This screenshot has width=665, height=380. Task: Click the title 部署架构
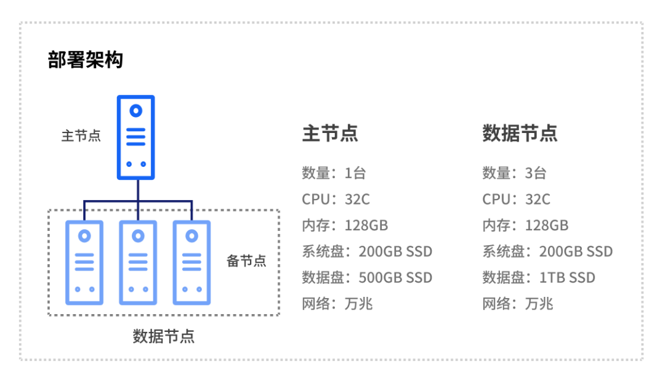[86, 60]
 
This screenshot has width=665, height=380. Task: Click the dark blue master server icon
[135, 137]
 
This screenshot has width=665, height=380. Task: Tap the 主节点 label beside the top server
[81, 135]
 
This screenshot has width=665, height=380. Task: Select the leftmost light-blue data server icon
[84, 262]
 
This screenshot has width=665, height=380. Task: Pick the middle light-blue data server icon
[138, 262]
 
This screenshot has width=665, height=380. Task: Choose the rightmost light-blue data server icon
[191, 262]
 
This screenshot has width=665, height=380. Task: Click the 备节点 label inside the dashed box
[246, 261]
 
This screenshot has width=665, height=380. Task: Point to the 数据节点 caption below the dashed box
[164, 336]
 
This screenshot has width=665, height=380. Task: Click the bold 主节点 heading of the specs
[330, 134]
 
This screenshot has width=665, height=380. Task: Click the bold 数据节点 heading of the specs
[520, 134]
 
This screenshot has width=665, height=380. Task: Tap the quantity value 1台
[355, 173]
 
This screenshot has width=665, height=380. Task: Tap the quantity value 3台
[536, 173]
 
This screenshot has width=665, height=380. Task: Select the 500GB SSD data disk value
[395, 278]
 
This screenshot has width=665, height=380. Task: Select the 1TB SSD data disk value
[567, 278]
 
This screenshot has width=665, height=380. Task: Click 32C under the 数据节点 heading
[538, 200]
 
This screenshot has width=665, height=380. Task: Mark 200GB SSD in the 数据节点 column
[576, 251]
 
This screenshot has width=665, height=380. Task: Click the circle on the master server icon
[135, 111]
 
